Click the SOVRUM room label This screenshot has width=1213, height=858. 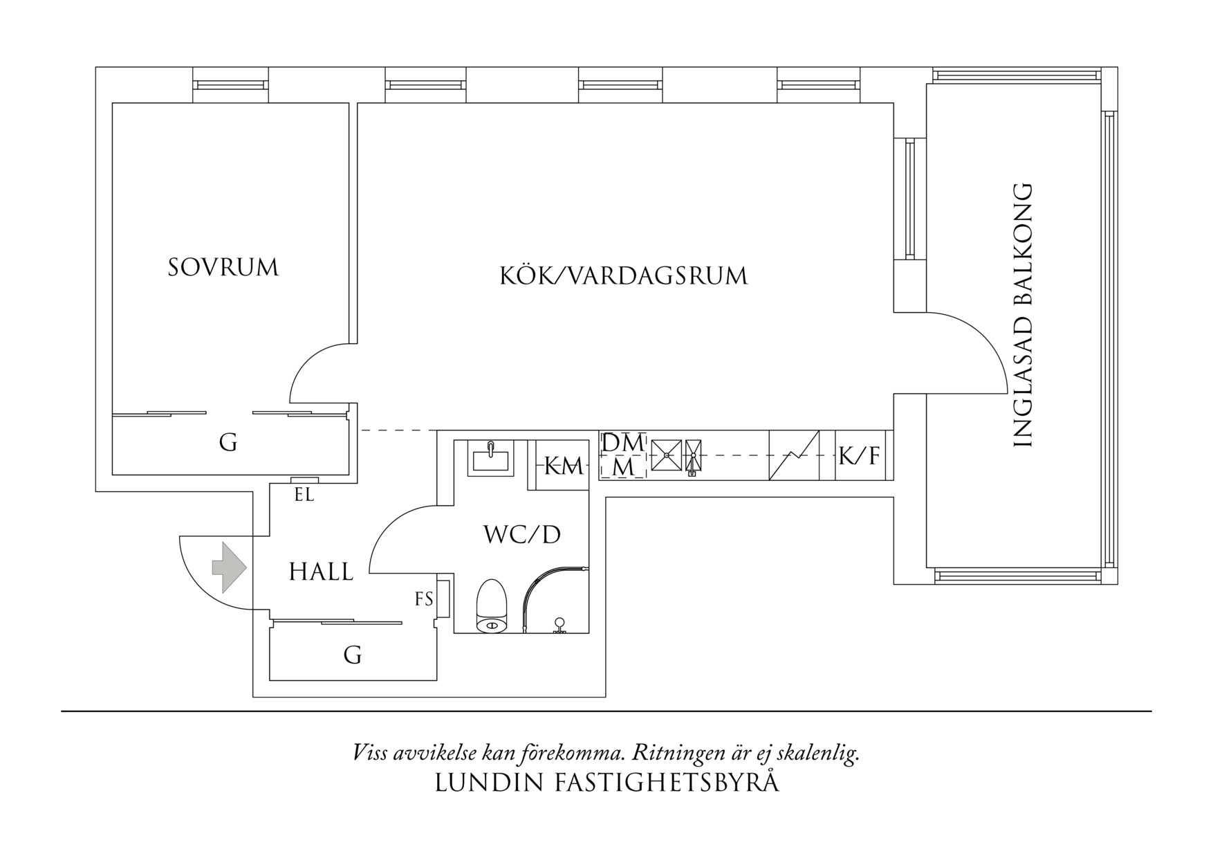[x=223, y=267]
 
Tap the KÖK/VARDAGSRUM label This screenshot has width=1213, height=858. [x=624, y=275]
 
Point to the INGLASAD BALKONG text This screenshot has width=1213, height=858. [x=1022, y=315]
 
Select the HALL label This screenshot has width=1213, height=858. [x=321, y=572]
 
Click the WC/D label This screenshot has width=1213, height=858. [x=521, y=534]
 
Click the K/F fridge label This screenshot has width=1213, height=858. [x=860, y=455]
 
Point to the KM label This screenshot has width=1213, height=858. [x=563, y=466]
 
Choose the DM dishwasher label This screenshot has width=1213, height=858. [x=622, y=443]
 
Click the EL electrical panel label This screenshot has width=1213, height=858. [x=304, y=495]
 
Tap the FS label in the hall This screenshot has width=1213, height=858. [x=424, y=599]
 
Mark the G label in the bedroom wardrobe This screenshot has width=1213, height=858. [x=228, y=442]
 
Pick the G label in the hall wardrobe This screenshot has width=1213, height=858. [x=353, y=654]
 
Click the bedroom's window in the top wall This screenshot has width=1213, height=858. [x=230, y=84]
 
